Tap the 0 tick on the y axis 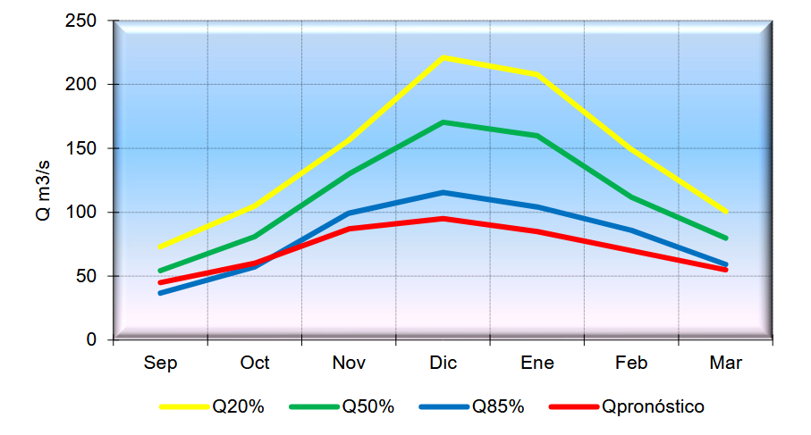(91, 340)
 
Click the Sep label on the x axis (160, 364)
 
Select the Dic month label (444, 364)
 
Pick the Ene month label (537, 364)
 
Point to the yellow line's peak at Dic (444, 57)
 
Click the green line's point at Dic (444, 122)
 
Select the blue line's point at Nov (349, 213)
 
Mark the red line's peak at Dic (444, 219)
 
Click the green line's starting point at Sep (160, 271)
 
